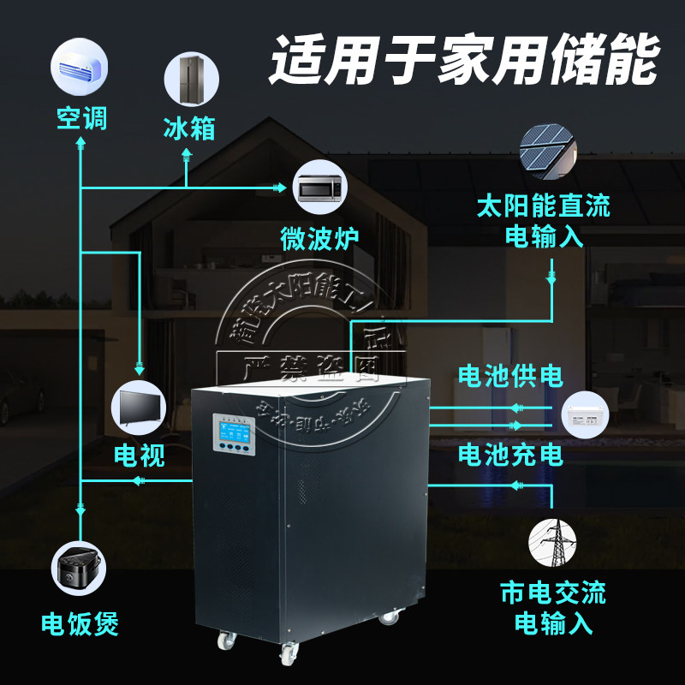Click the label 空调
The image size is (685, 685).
81,117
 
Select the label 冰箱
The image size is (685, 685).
188,128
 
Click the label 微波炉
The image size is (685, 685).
319,237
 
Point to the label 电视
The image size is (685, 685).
139,455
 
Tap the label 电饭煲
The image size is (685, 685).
80,623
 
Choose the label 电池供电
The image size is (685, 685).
510,376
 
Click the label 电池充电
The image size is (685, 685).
510,453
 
